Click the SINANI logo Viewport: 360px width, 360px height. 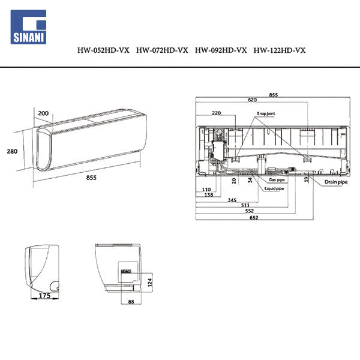pyautogui.click(x=28, y=27)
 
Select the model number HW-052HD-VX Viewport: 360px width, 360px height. pyautogui.click(x=103, y=50)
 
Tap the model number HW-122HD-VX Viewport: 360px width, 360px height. pyautogui.click(x=280, y=50)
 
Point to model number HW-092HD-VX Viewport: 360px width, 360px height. pyautogui.click(x=221, y=50)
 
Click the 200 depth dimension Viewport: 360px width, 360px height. pyautogui.click(x=43, y=113)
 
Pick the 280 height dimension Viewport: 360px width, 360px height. pyautogui.click(x=12, y=151)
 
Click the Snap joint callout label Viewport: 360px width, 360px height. pyautogui.click(x=266, y=113)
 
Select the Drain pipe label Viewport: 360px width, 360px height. pyautogui.click(x=336, y=182)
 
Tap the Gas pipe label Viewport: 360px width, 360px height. pyautogui.click(x=277, y=180)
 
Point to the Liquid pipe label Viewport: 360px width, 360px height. pyautogui.click(x=274, y=188)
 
